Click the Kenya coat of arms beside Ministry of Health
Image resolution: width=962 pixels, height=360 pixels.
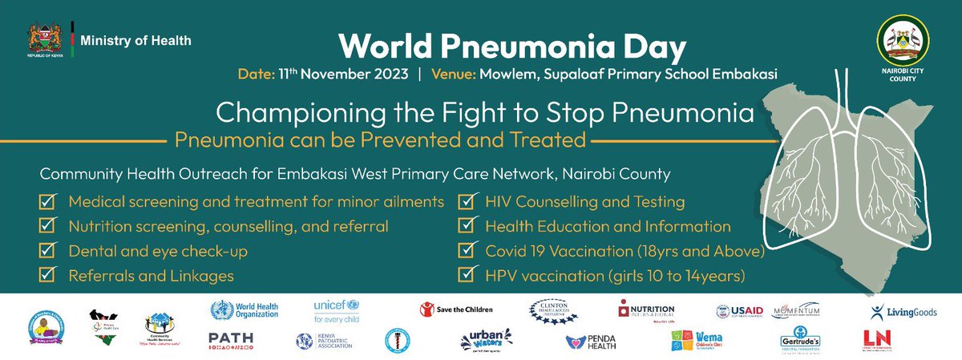[x=44, y=40]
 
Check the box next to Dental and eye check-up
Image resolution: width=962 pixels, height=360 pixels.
[x=48, y=252]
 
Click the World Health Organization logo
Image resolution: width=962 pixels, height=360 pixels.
[x=244, y=309]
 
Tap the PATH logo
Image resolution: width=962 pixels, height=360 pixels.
[x=231, y=340]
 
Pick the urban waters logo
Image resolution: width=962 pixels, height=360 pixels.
[x=487, y=341]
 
